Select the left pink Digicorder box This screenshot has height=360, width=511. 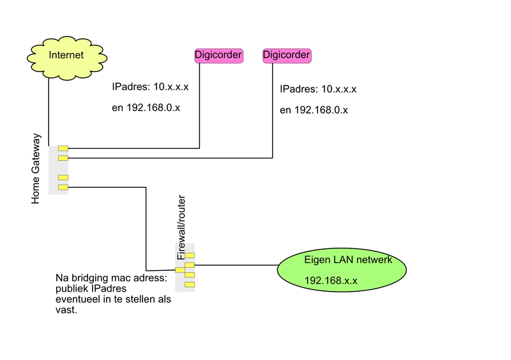pyautogui.click(x=218, y=56)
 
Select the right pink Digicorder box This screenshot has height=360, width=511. pyautogui.click(x=287, y=56)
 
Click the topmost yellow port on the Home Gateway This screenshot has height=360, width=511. pyautogui.click(x=63, y=149)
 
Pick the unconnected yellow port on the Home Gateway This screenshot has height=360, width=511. pyautogui.click(x=63, y=177)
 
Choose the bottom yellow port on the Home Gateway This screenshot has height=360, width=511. pyautogui.click(x=63, y=187)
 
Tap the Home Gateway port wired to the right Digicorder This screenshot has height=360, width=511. pyautogui.click(x=63, y=158)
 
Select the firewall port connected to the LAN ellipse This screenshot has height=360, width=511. pyautogui.click(x=190, y=265)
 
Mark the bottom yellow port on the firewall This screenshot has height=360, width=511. pyautogui.click(x=190, y=284)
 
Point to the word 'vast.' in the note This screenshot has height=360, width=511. pyautogui.click(x=66, y=310)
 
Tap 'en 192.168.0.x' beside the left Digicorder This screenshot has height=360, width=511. pyautogui.click(x=146, y=108)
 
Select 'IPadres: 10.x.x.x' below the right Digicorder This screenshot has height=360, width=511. pyautogui.click(x=318, y=89)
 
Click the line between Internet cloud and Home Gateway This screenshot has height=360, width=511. pyautogui.click(x=49, y=109)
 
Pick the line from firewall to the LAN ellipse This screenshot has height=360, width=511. pyautogui.click(x=236, y=265)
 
